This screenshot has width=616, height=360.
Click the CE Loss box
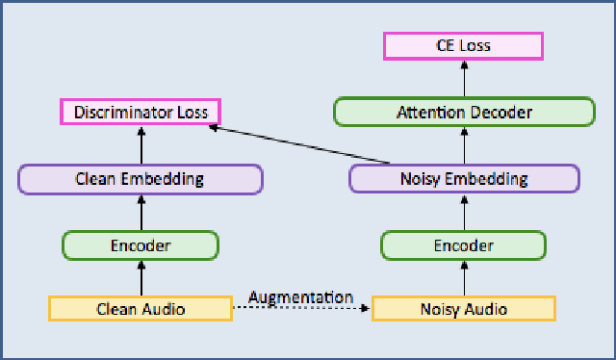click(463, 45)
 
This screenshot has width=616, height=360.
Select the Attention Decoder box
click(463, 112)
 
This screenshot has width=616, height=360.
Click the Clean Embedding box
click(141, 178)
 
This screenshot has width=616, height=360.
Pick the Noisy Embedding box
click(463, 178)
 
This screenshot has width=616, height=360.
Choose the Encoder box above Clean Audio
click(141, 245)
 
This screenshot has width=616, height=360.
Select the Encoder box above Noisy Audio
click(463, 245)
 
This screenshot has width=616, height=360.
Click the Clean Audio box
click(141, 309)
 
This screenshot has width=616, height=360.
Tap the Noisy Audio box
click(463, 309)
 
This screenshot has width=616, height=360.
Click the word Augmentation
click(300, 297)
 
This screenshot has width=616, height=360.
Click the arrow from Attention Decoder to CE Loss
click(463, 78)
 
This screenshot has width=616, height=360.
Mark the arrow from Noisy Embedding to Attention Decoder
click(463, 145)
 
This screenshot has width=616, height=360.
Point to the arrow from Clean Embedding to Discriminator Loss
click(141, 145)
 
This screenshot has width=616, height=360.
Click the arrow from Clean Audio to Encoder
click(141, 278)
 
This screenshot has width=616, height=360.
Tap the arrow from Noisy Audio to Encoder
click(463, 278)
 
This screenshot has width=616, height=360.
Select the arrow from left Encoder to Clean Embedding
click(141, 212)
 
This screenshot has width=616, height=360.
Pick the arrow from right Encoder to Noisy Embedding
click(463, 212)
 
